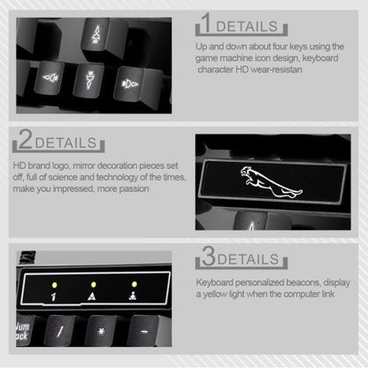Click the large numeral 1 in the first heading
(205, 21)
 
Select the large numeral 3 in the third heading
(208, 257)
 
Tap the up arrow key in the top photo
(95, 34)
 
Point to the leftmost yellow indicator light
(53, 285)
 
